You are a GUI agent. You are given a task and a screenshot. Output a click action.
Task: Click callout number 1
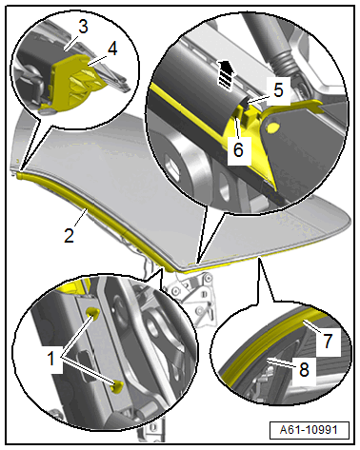[51, 360]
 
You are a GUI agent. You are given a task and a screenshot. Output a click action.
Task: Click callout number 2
[69, 235]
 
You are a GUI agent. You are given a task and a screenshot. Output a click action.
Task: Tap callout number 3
[83, 28]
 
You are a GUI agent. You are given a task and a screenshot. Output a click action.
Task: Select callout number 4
[111, 49]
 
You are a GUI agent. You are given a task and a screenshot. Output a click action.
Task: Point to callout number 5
[278, 90]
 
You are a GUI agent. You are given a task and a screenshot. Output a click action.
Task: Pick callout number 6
[238, 149]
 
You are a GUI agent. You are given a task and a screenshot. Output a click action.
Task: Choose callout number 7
[328, 342]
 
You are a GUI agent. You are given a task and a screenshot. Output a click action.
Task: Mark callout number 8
[304, 369]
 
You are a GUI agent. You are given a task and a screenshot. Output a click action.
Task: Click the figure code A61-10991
[309, 430]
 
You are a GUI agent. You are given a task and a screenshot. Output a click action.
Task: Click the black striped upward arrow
[226, 73]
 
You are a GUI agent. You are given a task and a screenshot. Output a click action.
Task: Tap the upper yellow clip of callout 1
[93, 312]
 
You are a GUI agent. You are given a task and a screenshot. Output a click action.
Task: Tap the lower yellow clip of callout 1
[118, 386]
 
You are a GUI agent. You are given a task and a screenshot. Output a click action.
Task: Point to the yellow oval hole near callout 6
[273, 127]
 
